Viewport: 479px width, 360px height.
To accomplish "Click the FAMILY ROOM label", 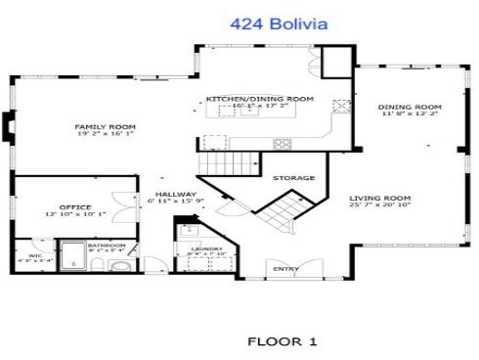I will pos(105,127).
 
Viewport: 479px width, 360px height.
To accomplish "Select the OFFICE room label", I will pos(74,206).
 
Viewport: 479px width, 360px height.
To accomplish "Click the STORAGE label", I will pos(292,178).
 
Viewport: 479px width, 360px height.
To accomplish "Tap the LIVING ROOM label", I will pos(378,199).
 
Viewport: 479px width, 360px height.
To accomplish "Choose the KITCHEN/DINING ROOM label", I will pos(259,100).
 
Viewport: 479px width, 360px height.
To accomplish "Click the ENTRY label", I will pos(285,269).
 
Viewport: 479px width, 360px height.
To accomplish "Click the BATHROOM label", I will pos(106,245).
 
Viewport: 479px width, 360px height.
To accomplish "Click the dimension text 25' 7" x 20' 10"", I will pos(378,206).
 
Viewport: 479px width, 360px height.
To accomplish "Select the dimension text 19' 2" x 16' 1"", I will pos(105,135).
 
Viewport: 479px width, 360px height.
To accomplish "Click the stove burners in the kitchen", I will pos(283,143).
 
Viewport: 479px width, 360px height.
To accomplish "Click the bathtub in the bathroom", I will pos(74,260).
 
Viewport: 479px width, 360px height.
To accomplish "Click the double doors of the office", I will pos(118,208).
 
